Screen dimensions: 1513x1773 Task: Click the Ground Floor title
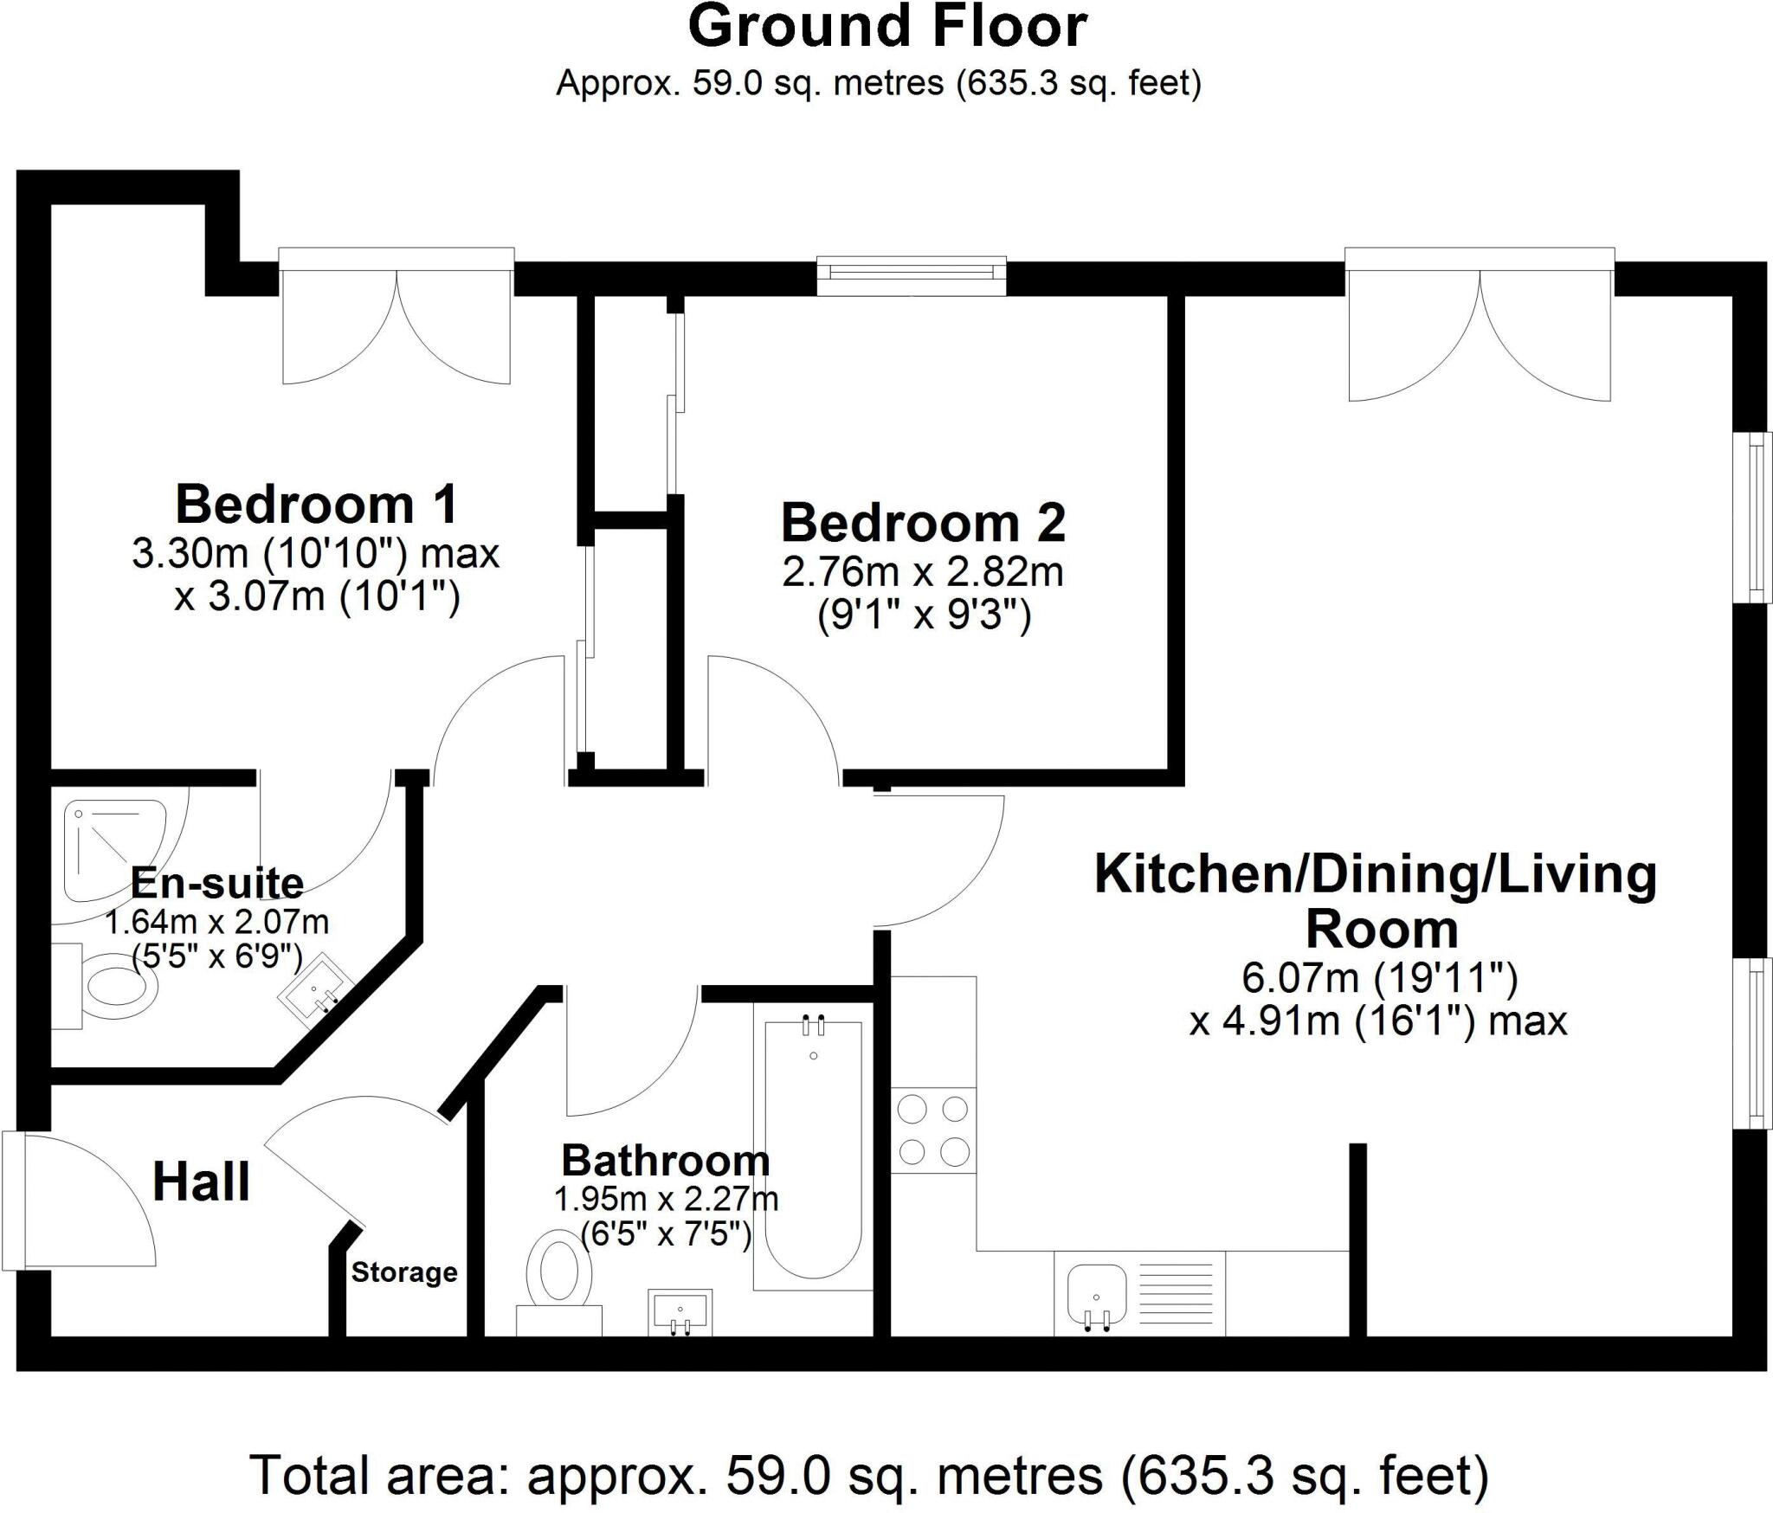point(886,28)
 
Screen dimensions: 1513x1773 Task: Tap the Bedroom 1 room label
point(316,505)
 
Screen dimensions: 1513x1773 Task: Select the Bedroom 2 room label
point(923,523)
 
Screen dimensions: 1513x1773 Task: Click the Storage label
point(404,1272)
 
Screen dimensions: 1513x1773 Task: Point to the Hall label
point(201,1182)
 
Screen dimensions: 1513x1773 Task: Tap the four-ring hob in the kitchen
point(933,1130)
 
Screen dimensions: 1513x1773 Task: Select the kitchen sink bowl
point(1096,1293)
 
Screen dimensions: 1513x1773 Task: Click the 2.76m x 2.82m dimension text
point(923,572)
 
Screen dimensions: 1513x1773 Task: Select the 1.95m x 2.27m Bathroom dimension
point(666,1200)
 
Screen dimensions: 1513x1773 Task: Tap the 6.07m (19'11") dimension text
point(1380,978)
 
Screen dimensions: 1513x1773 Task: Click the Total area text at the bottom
point(869,1476)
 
